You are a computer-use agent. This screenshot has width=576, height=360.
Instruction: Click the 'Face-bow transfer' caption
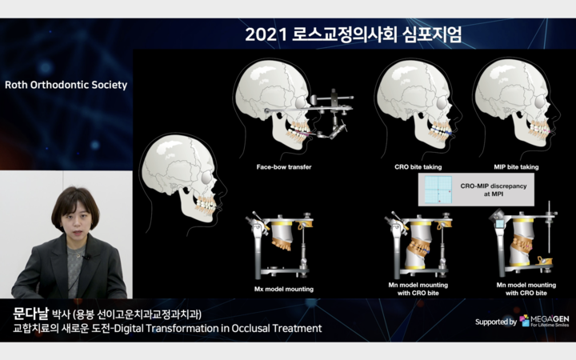pyautogui.click(x=283, y=166)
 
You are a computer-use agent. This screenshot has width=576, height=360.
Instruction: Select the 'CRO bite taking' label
pyautogui.click(x=418, y=166)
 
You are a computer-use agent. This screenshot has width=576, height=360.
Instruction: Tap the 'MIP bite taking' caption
pyautogui.click(x=516, y=166)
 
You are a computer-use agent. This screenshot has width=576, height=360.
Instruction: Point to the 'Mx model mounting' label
pyautogui.click(x=283, y=289)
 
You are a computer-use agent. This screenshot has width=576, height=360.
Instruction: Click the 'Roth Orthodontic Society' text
pyautogui.click(x=66, y=85)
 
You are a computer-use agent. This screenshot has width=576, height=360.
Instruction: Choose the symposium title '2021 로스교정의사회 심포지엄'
pyautogui.click(x=353, y=35)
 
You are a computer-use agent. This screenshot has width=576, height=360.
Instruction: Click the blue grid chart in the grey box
pyautogui.click(x=438, y=190)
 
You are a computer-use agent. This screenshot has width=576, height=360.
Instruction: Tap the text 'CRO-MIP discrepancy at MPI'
pyautogui.click(x=494, y=190)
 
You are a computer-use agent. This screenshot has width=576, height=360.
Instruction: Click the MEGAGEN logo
pyautogui.click(x=545, y=321)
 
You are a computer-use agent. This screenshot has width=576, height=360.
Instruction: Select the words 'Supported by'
pyautogui.click(x=496, y=322)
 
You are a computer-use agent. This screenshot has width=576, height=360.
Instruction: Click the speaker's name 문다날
pyautogui.click(x=30, y=314)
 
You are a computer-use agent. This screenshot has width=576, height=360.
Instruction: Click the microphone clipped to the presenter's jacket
pyautogui.click(x=87, y=258)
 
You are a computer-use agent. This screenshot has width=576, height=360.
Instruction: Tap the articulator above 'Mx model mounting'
pyautogui.click(x=280, y=246)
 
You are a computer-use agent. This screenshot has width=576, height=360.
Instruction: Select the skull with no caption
pyautogui.click(x=182, y=184)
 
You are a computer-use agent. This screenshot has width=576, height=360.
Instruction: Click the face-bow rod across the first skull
pyautogui.click(x=308, y=110)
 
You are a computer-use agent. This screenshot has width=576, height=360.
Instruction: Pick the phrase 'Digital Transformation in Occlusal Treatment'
pyautogui.click(x=218, y=328)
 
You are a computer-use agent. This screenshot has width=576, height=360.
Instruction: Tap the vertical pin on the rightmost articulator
pyautogui.click(x=549, y=229)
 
